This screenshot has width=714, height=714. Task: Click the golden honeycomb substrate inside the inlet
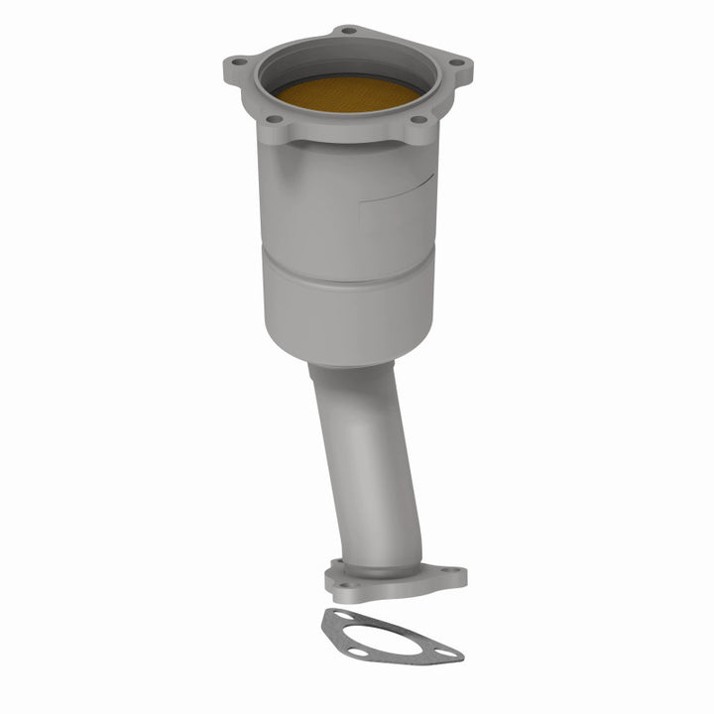[347, 93]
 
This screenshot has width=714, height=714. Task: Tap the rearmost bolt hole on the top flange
[349, 31]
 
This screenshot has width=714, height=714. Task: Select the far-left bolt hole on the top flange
[240, 62]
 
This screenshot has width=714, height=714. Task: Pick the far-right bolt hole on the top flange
[456, 63]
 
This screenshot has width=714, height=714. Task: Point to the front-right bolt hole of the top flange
[419, 120]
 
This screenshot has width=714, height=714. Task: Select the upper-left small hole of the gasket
[342, 617]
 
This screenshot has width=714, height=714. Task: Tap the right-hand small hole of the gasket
[446, 654]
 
